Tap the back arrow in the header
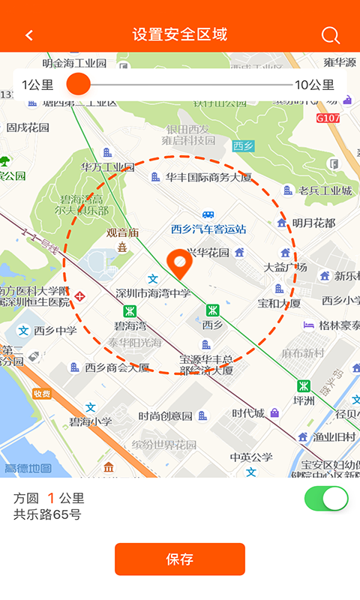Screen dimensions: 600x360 (29, 35)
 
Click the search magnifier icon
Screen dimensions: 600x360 (330, 35)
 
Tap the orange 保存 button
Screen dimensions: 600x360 (180, 559)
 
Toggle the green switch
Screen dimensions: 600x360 (326, 499)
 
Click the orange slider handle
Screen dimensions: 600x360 (78, 84)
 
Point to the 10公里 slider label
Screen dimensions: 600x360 (314, 85)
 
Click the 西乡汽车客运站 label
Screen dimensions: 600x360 (208, 229)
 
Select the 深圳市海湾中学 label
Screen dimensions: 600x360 (154, 292)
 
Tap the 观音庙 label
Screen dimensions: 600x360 (122, 232)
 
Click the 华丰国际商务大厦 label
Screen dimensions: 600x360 (208, 178)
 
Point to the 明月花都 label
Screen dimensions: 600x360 (313, 223)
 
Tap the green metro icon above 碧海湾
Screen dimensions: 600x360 (130, 310)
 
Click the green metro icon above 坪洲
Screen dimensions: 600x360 (304, 386)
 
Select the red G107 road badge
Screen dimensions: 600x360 (328, 118)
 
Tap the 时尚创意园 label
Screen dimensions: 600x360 (165, 415)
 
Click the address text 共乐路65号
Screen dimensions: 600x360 (47, 514)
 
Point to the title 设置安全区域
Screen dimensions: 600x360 (180, 34)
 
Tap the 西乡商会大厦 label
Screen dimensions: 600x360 (116, 367)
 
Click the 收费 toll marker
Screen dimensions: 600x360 (42, 394)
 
